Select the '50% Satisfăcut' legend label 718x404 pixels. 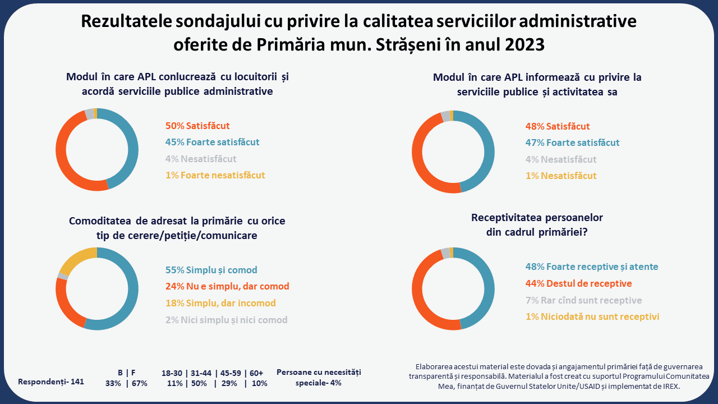coord(197,126)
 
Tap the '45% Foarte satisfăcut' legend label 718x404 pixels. coord(212,143)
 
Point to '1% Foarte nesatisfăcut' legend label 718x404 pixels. coord(215,175)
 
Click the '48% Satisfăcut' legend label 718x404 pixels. coord(557,127)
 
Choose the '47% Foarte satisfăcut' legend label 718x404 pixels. coord(572,143)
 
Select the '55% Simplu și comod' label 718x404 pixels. coord(211,270)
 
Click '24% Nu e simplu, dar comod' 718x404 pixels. coord(227,287)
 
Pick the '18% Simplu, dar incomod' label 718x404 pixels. coord(220,303)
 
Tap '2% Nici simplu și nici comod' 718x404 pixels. coord(226,320)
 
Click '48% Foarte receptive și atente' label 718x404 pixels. coord(591,267)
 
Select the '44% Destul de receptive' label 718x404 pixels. coord(578,283)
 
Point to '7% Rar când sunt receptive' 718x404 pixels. coord(583,300)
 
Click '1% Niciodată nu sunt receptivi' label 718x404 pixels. coord(592,316)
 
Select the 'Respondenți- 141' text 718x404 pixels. coord(51,382)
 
